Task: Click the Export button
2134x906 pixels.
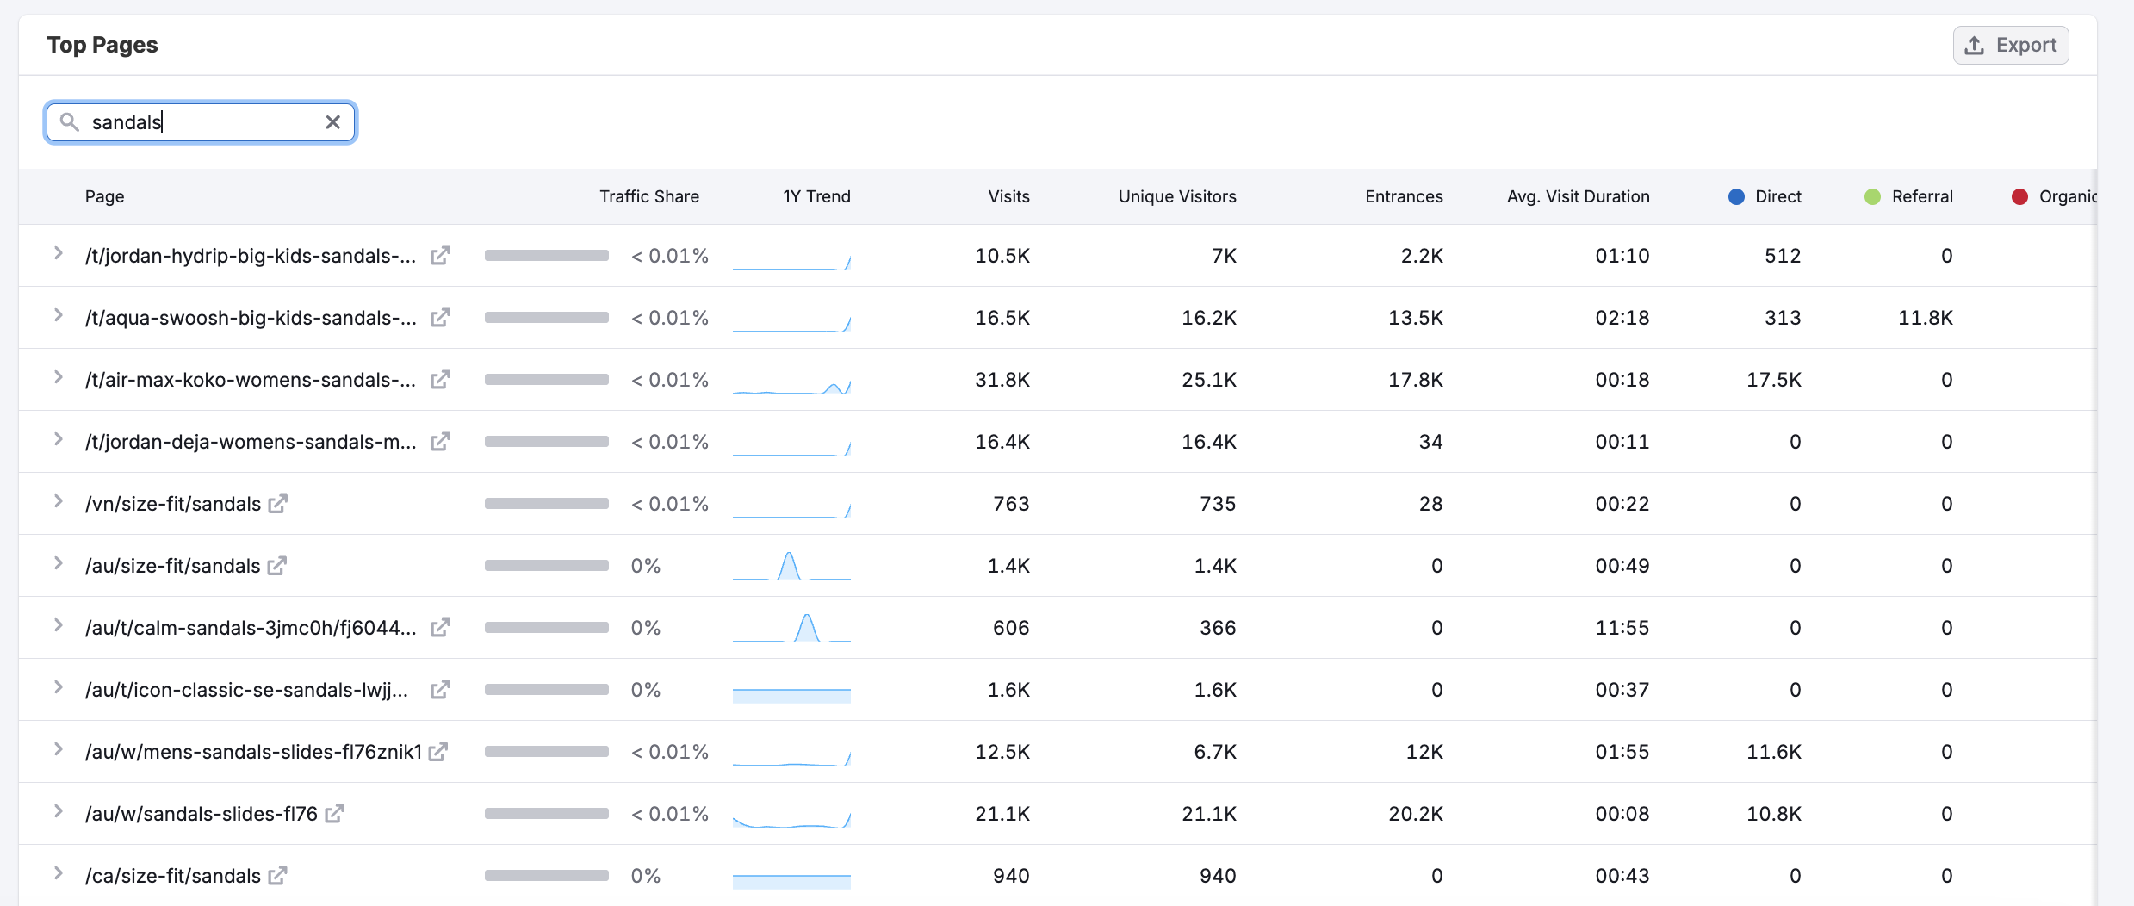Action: (2011, 46)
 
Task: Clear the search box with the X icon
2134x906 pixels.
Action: (333, 122)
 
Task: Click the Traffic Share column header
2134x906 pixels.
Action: (648, 196)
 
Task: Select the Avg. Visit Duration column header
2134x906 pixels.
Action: (1578, 196)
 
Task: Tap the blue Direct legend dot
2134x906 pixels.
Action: (1736, 196)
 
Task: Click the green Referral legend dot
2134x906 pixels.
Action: (1872, 196)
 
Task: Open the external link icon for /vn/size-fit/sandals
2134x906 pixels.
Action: (277, 504)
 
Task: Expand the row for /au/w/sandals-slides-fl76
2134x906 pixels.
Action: (58, 811)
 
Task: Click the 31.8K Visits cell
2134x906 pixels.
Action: (1002, 380)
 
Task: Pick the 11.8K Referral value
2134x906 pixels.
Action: (1925, 318)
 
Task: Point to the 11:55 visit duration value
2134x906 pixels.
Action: (1622, 628)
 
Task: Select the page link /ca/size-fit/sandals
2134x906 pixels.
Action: (172, 876)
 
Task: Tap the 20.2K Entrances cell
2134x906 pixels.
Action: (1415, 814)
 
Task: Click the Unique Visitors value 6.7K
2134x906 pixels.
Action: (1214, 752)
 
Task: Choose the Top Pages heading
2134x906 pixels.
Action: (102, 45)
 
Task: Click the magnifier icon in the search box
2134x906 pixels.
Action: (70, 122)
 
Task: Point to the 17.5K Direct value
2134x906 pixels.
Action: (1773, 380)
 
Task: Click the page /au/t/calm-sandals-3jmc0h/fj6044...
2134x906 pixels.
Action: (250, 628)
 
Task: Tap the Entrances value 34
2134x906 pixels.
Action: (1430, 442)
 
